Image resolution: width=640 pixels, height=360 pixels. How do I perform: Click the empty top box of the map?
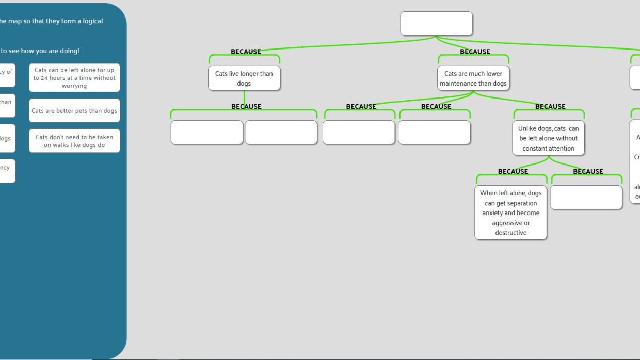point(436,24)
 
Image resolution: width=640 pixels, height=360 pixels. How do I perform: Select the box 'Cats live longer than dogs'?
point(244,78)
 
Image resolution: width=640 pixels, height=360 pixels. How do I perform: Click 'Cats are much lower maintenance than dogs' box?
point(473,78)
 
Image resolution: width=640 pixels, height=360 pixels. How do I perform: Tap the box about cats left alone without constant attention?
point(548,138)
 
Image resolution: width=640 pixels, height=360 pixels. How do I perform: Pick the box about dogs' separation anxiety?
point(510,212)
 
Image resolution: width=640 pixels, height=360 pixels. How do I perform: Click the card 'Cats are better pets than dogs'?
point(74,111)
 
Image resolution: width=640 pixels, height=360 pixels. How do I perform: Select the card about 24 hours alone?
point(74,78)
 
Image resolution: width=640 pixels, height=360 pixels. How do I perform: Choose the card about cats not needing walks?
point(74,141)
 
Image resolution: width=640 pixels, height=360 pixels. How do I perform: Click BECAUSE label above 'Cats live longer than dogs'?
point(246,52)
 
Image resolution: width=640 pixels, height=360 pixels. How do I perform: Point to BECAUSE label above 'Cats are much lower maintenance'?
point(475,52)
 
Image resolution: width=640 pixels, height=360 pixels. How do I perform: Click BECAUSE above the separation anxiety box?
point(513,171)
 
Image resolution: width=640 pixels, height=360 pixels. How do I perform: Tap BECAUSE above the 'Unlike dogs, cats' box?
point(550,106)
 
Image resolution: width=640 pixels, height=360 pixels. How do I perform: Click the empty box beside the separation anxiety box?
point(586,198)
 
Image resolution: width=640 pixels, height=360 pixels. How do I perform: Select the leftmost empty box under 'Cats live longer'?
point(206,133)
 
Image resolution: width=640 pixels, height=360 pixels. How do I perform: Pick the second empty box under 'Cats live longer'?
point(281,133)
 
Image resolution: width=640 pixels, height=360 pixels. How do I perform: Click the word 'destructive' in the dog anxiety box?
point(510,233)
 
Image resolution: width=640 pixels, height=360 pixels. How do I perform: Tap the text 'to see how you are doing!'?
point(40,51)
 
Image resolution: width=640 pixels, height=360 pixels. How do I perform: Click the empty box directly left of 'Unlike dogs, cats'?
point(434,133)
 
